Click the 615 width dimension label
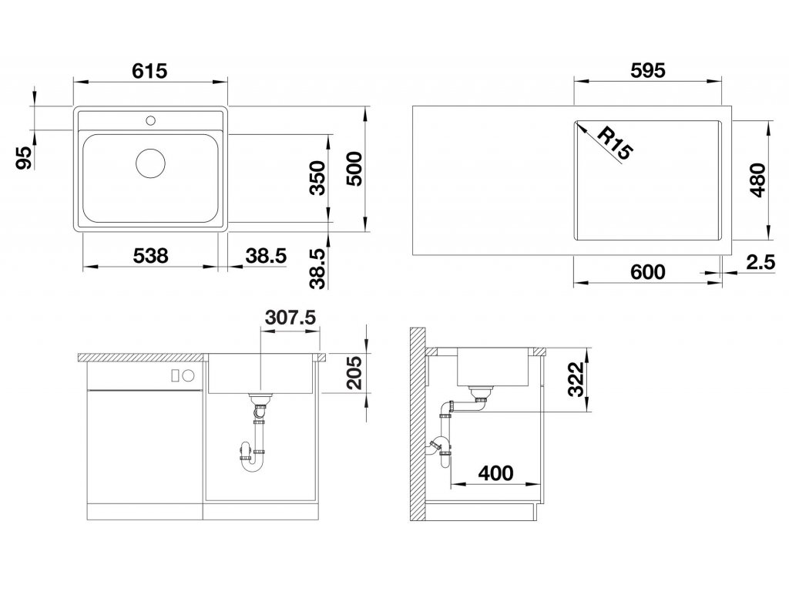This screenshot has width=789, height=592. [x=149, y=71]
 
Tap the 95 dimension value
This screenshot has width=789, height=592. [x=23, y=157]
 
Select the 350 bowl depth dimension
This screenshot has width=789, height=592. [x=317, y=178]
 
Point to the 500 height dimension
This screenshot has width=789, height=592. [x=354, y=169]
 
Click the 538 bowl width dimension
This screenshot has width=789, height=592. [x=150, y=256]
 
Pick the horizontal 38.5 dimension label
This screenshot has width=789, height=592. [x=266, y=256]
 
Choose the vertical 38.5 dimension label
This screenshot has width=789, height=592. [x=317, y=268]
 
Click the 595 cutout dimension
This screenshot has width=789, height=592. [x=647, y=70]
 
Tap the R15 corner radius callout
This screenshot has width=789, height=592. [x=614, y=143]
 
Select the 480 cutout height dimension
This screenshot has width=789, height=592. [x=757, y=180]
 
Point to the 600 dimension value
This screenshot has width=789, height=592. [x=647, y=272]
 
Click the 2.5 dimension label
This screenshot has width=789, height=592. [x=760, y=262]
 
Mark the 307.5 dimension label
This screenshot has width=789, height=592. [x=290, y=317]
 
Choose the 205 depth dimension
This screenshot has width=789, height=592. [x=354, y=372]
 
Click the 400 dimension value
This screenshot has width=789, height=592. [x=495, y=473]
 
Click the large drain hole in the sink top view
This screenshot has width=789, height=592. [x=150, y=163]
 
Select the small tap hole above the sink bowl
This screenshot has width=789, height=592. [x=150, y=120]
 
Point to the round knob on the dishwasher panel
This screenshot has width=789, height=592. [x=188, y=375]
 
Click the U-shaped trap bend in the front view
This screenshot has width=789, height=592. [x=252, y=465]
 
